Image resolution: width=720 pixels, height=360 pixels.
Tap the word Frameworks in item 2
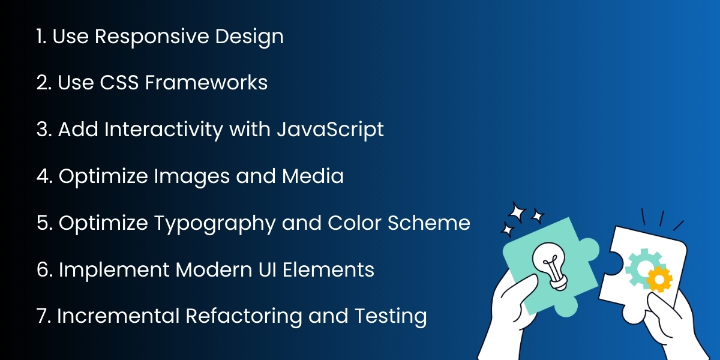(x=206, y=83)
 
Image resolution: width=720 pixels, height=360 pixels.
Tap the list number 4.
(x=43, y=176)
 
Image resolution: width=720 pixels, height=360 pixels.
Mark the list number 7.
(x=42, y=316)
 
